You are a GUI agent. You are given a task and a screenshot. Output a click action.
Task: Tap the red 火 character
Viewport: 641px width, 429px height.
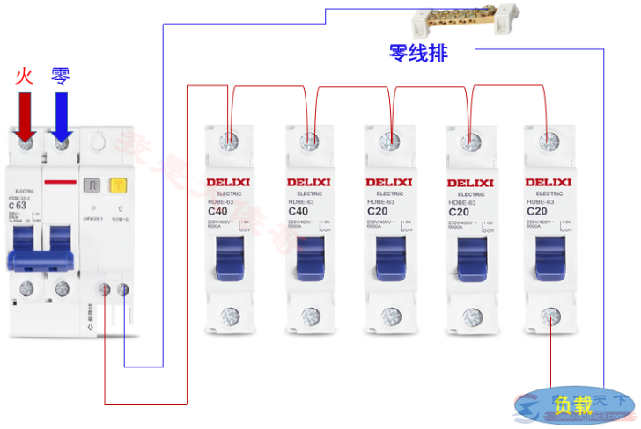24,76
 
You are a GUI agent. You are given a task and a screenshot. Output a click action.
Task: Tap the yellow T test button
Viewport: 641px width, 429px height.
116,185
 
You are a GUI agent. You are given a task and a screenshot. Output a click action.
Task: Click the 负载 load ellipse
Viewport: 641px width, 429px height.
570,405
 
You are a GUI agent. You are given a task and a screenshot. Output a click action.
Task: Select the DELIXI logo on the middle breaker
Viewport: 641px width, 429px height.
388,182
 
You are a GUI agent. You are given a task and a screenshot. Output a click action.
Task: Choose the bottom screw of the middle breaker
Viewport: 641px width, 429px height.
389,316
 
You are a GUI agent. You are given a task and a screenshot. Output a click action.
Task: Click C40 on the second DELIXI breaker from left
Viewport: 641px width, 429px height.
299,212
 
